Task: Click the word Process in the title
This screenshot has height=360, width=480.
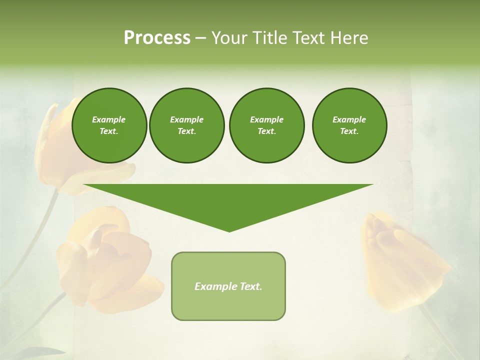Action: (x=157, y=38)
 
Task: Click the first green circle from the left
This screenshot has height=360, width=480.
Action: (x=109, y=125)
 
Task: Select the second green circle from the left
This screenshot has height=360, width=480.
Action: (x=186, y=125)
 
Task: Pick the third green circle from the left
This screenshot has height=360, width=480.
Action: (x=266, y=125)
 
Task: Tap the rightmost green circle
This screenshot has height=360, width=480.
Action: (x=349, y=125)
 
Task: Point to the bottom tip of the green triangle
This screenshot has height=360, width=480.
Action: (x=229, y=231)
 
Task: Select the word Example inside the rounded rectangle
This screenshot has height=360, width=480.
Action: (x=215, y=286)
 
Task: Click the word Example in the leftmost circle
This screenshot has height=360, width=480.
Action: (x=109, y=119)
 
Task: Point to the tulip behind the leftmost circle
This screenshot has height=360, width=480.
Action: (x=55, y=150)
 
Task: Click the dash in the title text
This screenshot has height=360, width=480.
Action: (x=201, y=38)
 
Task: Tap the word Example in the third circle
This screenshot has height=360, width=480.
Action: (x=266, y=119)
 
